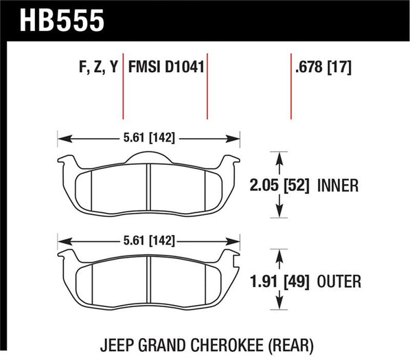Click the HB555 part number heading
click(x=62, y=21)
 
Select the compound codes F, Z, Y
click(x=98, y=67)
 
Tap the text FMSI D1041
click(x=166, y=67)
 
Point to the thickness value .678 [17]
click(x=323, y=67)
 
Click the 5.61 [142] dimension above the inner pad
click(x=149, y=137)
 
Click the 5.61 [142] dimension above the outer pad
click(x=149, y=240)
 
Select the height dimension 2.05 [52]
click(x=280, y=185)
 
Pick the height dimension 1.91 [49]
click(x=280, y=282)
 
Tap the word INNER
click(x=338, y=185)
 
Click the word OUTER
click(x=339, y=282)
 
